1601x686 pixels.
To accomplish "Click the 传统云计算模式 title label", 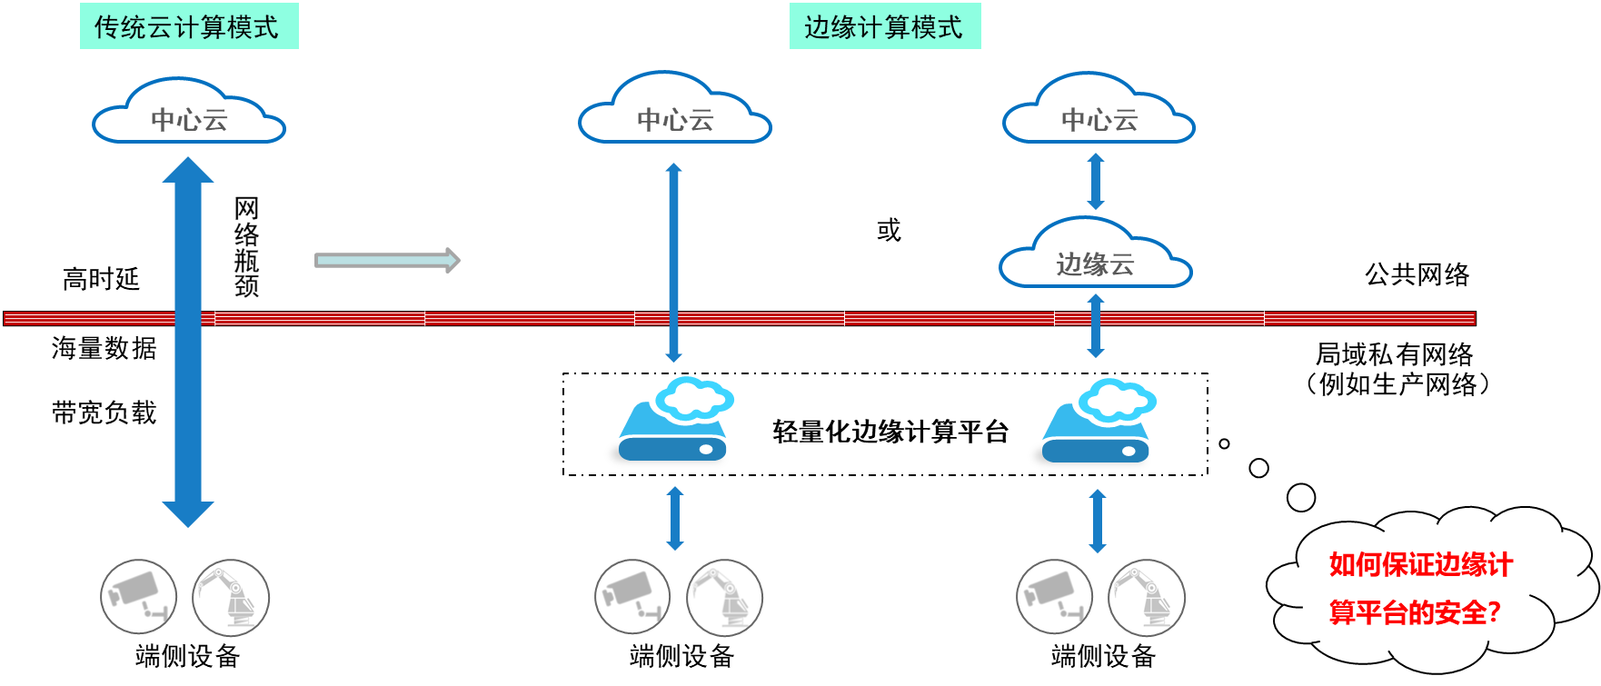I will (x=188, y=26).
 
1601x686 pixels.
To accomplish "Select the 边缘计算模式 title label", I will (x=884, y=26).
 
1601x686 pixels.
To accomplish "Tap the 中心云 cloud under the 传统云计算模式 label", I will (x=189, y=114).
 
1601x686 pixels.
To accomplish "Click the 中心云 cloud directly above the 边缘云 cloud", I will (x=1099, y=113).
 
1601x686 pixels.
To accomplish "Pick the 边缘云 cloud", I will (x=1095, y=257).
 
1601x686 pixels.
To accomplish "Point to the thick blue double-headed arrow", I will (x=188, y=342).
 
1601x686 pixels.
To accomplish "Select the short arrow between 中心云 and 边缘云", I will (x=1096, y=182).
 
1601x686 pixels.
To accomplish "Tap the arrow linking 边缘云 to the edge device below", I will (x=1096, y=325).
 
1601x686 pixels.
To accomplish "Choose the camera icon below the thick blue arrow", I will (x=138, y=597).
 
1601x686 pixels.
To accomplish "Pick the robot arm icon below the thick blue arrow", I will (x=231, y=597).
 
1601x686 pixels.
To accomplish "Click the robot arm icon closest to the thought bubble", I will (x=1147, y=598).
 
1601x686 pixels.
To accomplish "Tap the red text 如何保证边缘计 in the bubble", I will (x=1420, y=564).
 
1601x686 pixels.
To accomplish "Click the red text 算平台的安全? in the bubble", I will (x=1414, y=612).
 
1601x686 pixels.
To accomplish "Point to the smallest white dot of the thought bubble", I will (x=1224, y=444).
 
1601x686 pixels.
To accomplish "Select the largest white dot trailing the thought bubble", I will (x=1301, y=497).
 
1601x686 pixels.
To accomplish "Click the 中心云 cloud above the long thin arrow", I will (x=674, y=113).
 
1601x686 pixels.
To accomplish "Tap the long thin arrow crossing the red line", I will (x=673, y=263).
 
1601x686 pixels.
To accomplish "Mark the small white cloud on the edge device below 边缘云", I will (x=1118, y=400).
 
